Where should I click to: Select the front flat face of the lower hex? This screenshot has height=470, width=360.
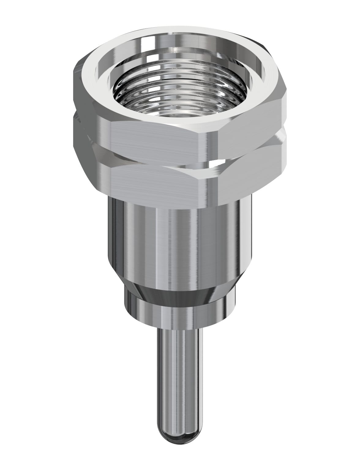156,181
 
